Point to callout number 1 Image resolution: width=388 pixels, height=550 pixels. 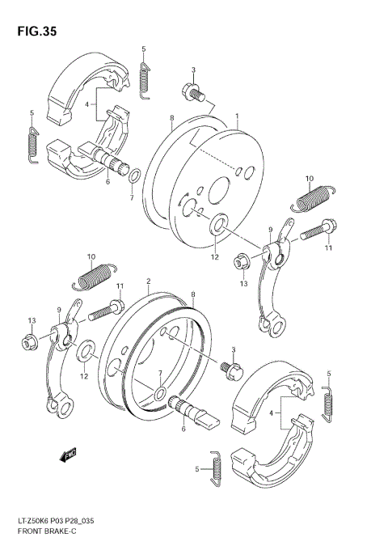tap(236, 117)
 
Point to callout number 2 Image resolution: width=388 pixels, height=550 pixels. tap(149, 282)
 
